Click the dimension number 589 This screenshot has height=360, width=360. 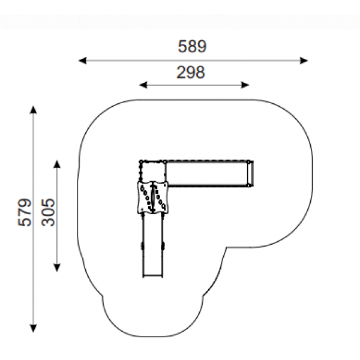pyautogui.click(x=192, y=47)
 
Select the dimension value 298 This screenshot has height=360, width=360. pyautogui.click(x=191, y=73)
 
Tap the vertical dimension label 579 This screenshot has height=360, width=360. pyautogui.click(x=25, y=212)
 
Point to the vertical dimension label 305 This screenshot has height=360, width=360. pyautogui.click(x=48, y=212)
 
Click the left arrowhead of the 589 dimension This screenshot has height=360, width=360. pyautogui.click(x=83, y=61)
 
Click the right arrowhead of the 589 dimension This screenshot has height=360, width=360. pyautogui.click(x=304, y=61)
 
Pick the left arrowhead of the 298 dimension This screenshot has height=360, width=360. pyautogui.click(x=143, y=85)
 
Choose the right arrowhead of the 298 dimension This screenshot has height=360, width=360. pyautogui.click(x=245, y=85)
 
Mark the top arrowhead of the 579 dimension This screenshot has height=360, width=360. pyautogui.click(x=34, y=110)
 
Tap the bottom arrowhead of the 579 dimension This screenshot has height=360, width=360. pyautogui.click(x=34, y=328)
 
